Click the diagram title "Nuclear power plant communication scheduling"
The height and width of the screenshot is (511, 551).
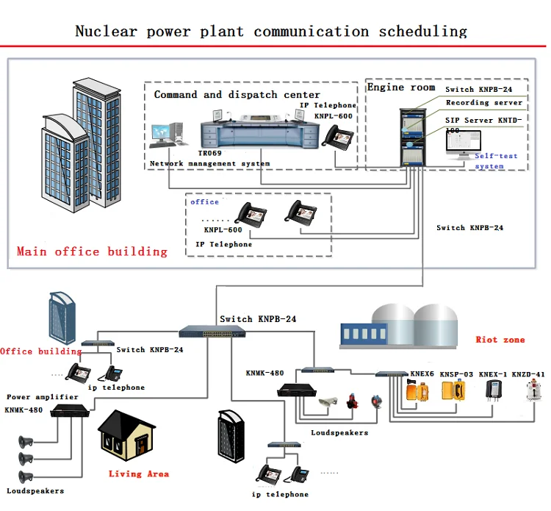pyautogui.click(x=271, y=31)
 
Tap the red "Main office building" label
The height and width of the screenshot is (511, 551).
pyautogui.click(x=92, y=251)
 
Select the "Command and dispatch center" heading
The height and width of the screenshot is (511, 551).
pyautogui.click(x=237, y=95)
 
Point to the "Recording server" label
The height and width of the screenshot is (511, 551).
pyautogui.click(x=484, y=104)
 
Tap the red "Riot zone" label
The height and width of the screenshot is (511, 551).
pyautogui.click(x=500, y=340)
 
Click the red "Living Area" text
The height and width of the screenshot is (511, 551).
pyautogui.click(x=139, y=474)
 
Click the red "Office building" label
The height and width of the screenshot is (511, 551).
pyautogui.click(x=26, y=351)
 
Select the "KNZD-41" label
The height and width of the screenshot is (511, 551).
pyautogui.click(x=528, y=374)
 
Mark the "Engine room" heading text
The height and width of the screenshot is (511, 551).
pyautogui.click(x=401, y=87)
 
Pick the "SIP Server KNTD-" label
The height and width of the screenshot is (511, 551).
pyautogui.click(x=484, y=120)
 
